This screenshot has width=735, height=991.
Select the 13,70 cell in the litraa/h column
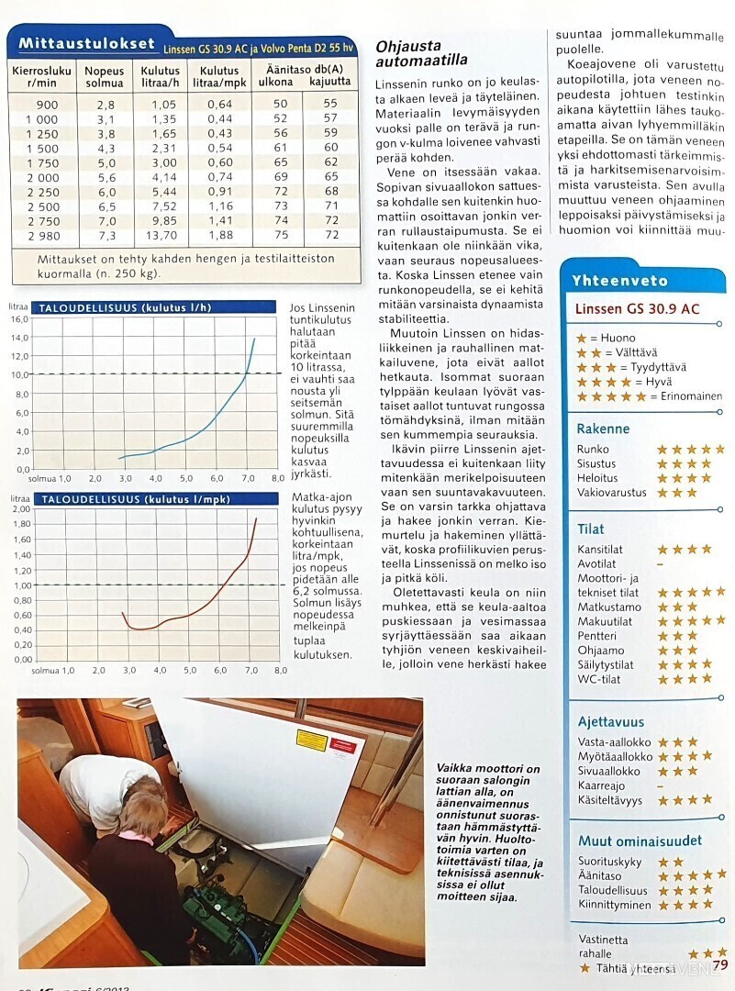(159, 236)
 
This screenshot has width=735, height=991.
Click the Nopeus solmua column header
(104, 76)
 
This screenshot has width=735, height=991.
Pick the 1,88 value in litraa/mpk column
(219, 236)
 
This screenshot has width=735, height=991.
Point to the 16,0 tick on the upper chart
(19, 320)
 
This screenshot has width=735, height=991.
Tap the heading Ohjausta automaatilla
(422, 53)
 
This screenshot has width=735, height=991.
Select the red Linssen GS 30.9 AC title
(637, 308)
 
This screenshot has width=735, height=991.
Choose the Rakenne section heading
(603, 429)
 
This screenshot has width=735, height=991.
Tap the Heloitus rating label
(597, 478)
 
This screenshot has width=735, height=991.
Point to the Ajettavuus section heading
(611, 722)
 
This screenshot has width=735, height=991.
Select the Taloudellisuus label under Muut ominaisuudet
(612, 890)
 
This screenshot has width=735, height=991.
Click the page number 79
(719, 964)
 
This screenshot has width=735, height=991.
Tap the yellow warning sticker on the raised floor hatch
(311, 740)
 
